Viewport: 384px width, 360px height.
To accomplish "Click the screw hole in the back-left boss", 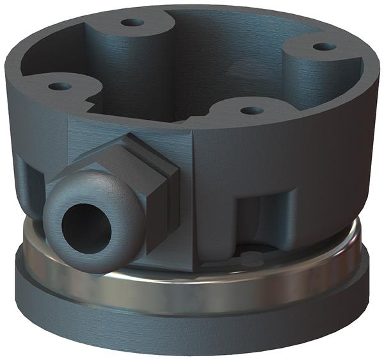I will click(132, 22).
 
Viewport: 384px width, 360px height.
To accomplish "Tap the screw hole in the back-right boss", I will click(324, 47).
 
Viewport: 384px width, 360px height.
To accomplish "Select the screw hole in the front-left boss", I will click(59, 86).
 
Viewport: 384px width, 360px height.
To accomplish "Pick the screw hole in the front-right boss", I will click(252, 111).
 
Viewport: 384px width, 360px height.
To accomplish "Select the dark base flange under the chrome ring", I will click(192, 327).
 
